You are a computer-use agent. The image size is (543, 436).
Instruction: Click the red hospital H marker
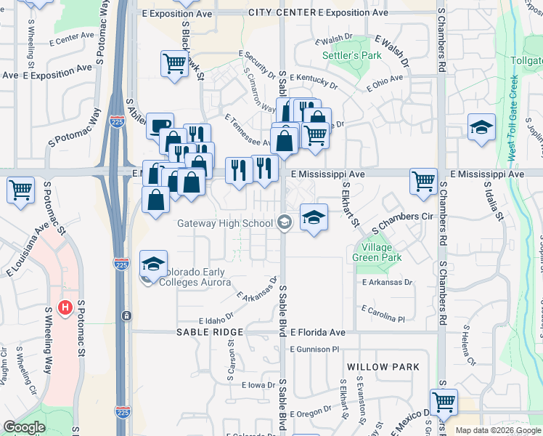click(x=65, y=308)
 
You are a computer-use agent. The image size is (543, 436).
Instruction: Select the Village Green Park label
click(x=377, y=251)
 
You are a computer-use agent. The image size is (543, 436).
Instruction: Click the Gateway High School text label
click(x=225, y=223)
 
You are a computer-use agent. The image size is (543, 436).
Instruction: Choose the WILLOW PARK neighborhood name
click(x=383, y=367)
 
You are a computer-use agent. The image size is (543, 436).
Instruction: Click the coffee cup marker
click(x=160, y=125)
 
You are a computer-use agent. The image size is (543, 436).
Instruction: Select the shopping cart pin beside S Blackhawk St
click(x=175, y=63)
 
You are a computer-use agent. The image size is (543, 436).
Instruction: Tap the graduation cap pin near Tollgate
click(x=481, y=127)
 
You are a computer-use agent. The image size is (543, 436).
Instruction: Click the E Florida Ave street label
click(x=318, y=332)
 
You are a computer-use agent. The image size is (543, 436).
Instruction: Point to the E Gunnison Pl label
click(x=314, y=350)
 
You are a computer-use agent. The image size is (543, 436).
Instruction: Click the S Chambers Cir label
click(x=402, y=217)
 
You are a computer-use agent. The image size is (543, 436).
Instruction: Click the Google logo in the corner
click(x=24, y=427)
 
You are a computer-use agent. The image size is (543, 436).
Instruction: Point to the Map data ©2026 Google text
click(x=498, y=430)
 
